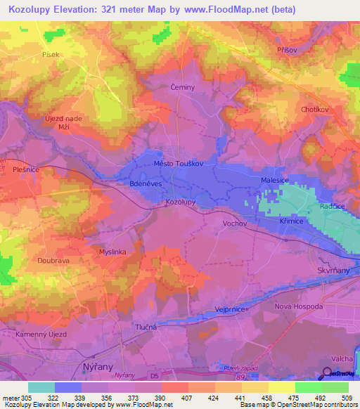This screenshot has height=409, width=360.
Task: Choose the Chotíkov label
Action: click(316, 110)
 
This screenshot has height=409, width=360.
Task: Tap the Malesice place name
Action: click(271, 181)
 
